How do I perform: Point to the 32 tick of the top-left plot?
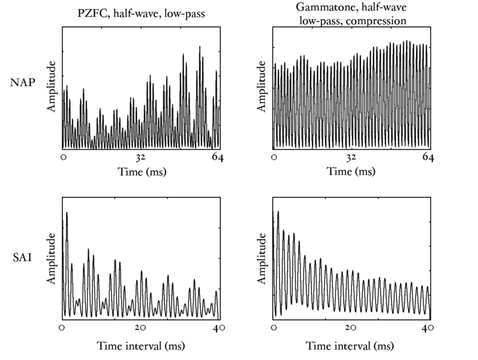[x=142, y=158]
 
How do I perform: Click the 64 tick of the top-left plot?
[x=217, y=158]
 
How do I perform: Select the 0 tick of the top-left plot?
[x=63, y=158]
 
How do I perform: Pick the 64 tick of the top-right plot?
[x=427, y=158]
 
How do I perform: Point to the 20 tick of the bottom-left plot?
[x=140, y=328]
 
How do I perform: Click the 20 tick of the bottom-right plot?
[x=351, y=328]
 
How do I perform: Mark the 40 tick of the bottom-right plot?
[x=428, y=328]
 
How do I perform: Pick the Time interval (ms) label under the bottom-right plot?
[x=351, y=346]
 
